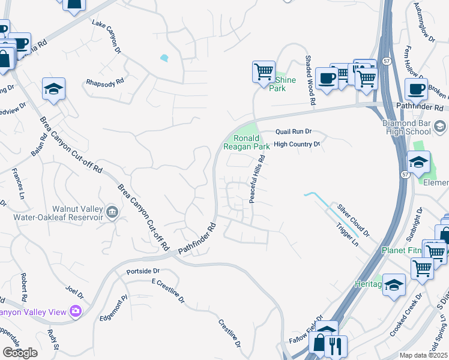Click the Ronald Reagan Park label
click(247, 142)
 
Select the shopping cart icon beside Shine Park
click(264, 72)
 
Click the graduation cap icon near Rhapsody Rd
click(53, 90)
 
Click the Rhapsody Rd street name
click(104, 82)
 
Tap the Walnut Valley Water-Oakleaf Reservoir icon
click(112, 211)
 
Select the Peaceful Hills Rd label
click(258, 179)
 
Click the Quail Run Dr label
click(294, 131)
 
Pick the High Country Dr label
click(297, 145)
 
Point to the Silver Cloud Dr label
click(353, 219)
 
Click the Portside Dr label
click(143, 271)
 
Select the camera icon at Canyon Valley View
click(76, 311)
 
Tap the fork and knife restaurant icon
click(337, 347)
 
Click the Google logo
click(20, 353)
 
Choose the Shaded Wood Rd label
click(310, 81)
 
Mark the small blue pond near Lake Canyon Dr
click(164, 59)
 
